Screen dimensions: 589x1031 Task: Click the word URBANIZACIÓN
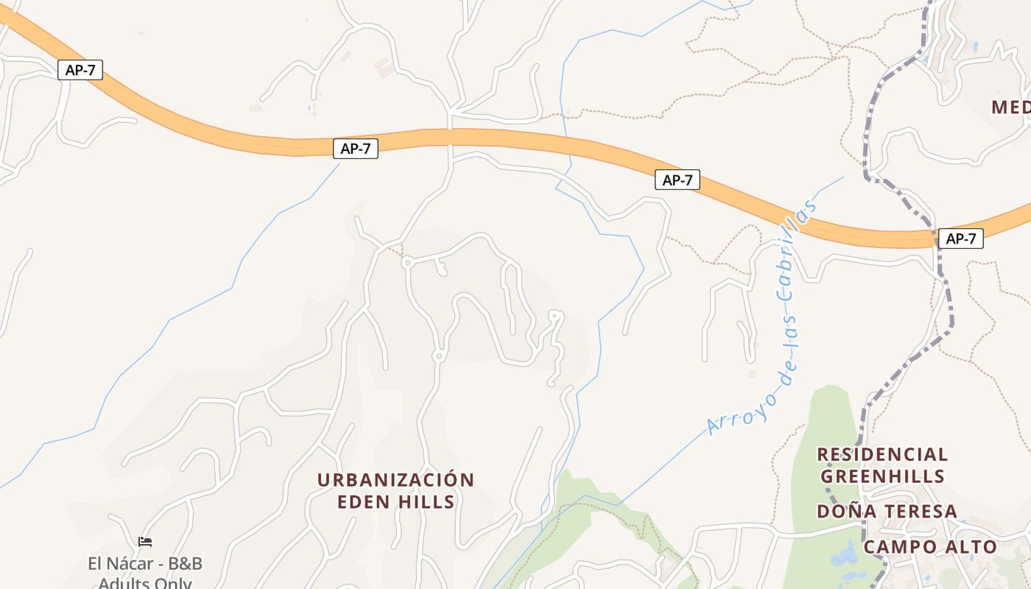point(395,480)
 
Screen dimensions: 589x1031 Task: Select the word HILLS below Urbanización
point(427,502)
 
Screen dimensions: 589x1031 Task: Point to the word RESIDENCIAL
point(882,454)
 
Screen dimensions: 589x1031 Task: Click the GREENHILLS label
point(882,476)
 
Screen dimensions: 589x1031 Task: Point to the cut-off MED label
point(1010,107)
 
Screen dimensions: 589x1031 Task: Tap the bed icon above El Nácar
point(145,542)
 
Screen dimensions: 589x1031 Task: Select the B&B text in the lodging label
point(184,564)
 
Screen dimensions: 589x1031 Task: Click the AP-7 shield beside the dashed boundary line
point(961,239)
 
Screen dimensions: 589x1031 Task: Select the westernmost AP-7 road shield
point(80,70)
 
